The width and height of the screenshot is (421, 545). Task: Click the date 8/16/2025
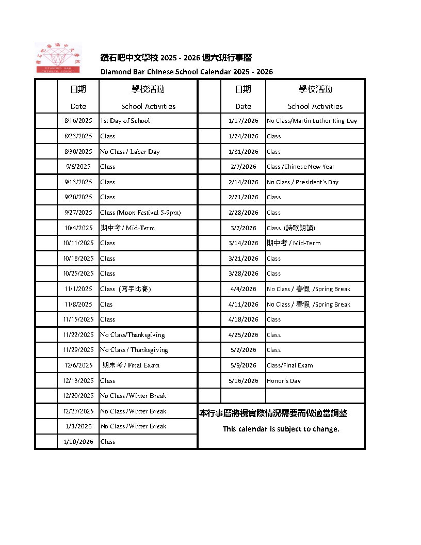pos(78,121)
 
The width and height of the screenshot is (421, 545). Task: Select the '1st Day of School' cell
pos(125,121)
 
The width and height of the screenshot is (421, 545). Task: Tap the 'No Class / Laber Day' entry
pos(130,152)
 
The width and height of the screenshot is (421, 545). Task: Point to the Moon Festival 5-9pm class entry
pos(140,213)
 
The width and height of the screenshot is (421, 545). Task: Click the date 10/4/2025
pos(78,228)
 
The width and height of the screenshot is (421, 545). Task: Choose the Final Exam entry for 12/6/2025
pos(131,365)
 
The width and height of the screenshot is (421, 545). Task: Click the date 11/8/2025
pos(78,304)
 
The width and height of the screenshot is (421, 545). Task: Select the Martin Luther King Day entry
pos(312,121)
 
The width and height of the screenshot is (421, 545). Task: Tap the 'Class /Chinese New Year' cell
pos(300,167)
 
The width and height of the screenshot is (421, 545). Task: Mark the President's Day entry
pos(302,182)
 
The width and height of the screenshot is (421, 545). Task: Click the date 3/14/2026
pos(243,243)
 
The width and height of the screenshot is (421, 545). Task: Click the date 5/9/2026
pos(243,365)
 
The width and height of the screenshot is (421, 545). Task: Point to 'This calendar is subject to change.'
pos(281,429)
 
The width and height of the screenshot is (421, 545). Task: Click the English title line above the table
pos(186,72)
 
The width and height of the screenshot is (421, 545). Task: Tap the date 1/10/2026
pos(78,442)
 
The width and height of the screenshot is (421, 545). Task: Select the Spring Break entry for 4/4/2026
pos(309,289)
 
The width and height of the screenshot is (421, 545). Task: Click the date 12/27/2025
pos(78,411)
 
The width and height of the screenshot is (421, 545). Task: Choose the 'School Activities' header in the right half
pos(315,106)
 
